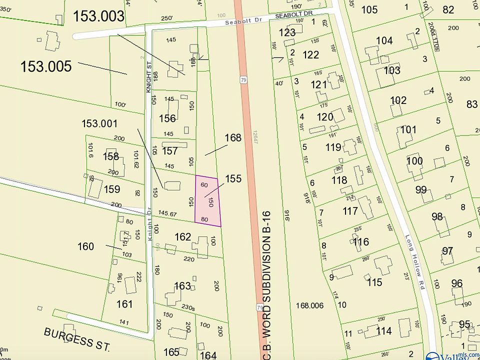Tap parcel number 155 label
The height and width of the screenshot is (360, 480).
pos(233,178)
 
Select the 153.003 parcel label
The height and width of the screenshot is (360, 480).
pos(98,16)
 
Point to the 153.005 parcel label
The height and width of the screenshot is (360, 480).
pos(46,66)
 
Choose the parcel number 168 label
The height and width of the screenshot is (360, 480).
pos(233,137)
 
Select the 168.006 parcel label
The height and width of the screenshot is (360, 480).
pos(309,305)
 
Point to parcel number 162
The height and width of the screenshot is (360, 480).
pos(182,236)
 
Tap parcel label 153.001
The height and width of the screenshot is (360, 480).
pos(99,123)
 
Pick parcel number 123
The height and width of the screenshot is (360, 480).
pos(287,33)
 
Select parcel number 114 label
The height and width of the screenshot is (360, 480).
pos(383,331)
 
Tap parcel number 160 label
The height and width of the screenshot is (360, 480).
pos(85,246)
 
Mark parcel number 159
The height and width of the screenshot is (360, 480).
pos(111,189)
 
